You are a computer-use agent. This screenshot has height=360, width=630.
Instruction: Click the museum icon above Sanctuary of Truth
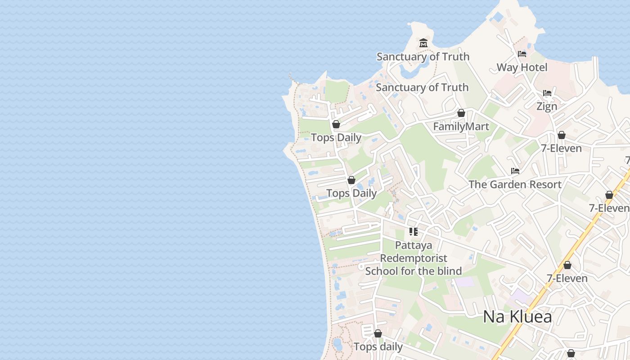click(x=423, y=43)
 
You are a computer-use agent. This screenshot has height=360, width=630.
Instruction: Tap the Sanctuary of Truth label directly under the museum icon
click(x=423, y=57)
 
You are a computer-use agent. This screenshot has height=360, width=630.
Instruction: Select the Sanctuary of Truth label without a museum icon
click(x=422, y=87)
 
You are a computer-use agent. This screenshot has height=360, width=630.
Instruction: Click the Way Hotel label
click(x=522, y=67)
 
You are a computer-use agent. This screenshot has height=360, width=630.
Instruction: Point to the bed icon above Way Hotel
click(x=522, y=54)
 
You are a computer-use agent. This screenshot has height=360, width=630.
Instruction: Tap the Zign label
click(x=547, y=107)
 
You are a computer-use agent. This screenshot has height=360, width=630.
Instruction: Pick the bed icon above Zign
click(x=547, y=93)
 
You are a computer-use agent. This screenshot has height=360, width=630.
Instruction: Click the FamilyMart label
click(x=461, y=126)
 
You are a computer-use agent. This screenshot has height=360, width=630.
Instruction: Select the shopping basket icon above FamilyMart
click(x=461, y=113)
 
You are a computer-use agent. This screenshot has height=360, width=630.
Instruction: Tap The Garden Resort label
click(x=515, y=184)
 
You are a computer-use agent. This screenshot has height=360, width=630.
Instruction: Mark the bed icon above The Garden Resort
click(x=515, y=171)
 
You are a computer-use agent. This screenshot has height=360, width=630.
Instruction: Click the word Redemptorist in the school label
click(x=414, y=258)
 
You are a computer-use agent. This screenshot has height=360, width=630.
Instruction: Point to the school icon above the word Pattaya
click(x=414, y=232)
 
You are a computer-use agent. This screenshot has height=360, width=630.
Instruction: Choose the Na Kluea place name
click(x=517, y=317)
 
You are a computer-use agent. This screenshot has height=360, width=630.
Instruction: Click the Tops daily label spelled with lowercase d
click(x=378, y=347)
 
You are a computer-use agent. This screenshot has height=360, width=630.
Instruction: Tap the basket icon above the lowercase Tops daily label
click(x=378, y=333)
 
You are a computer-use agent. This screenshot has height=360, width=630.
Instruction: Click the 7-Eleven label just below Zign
click(x=561, y=148)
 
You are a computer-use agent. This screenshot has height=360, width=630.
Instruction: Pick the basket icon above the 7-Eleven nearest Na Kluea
click(x=567, y=265)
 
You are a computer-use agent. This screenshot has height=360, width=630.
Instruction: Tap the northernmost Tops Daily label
click(x=336, y=138)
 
